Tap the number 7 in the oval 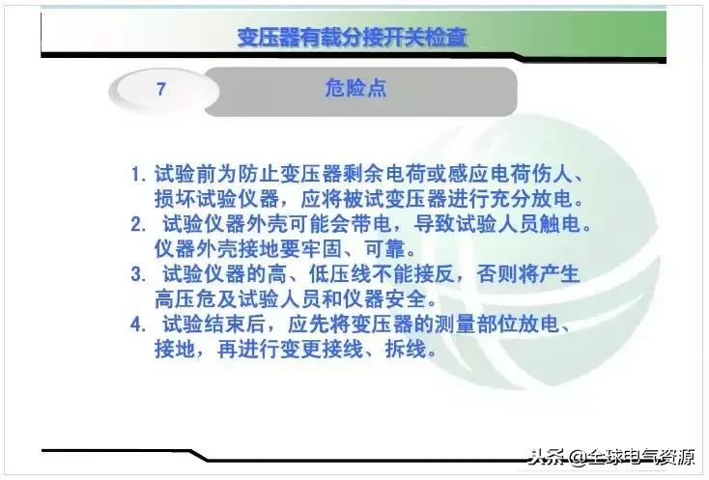point(162,90)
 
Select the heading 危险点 point(355,89)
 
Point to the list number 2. point(139,225)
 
